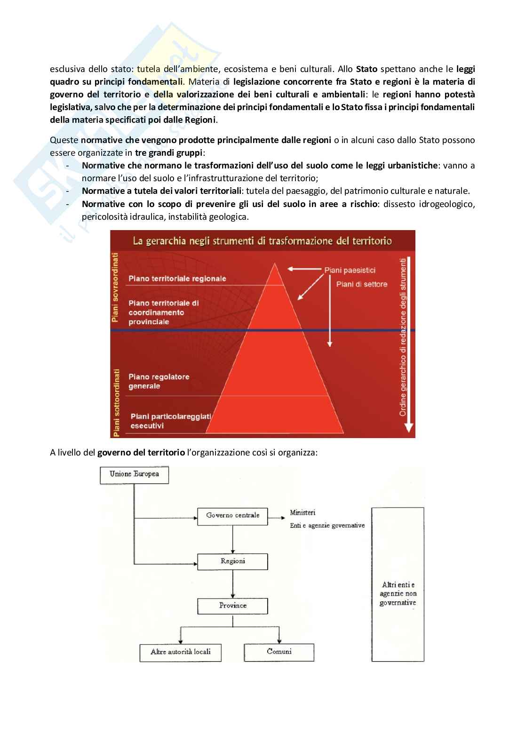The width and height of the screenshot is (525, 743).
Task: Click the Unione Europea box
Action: [134, 474]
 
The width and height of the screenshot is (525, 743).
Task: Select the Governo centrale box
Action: [232, 515]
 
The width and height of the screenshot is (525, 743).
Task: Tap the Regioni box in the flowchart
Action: [232, 561]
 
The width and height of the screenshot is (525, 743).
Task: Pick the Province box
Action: [232, 606]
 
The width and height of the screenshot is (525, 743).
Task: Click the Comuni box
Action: [279, 652]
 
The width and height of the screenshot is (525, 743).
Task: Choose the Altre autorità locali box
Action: [180, 652]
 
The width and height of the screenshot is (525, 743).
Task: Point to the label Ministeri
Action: [302, 512]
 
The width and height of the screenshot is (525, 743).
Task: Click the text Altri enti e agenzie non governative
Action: [398, 594]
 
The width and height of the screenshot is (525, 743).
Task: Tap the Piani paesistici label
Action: [350, 271]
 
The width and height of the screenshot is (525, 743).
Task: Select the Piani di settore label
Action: [362, 284]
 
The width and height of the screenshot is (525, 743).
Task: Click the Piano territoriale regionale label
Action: [177, 279]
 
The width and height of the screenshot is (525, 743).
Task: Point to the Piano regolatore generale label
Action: [159, 382]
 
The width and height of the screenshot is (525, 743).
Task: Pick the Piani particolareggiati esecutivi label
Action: [171, 421]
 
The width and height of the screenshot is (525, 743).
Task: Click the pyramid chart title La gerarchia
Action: [262, 241]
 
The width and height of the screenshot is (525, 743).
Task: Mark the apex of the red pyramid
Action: [274, 264]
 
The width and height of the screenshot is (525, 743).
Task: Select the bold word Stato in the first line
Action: [367, 69]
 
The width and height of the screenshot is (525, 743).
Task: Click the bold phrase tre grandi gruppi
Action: [169, 153]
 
